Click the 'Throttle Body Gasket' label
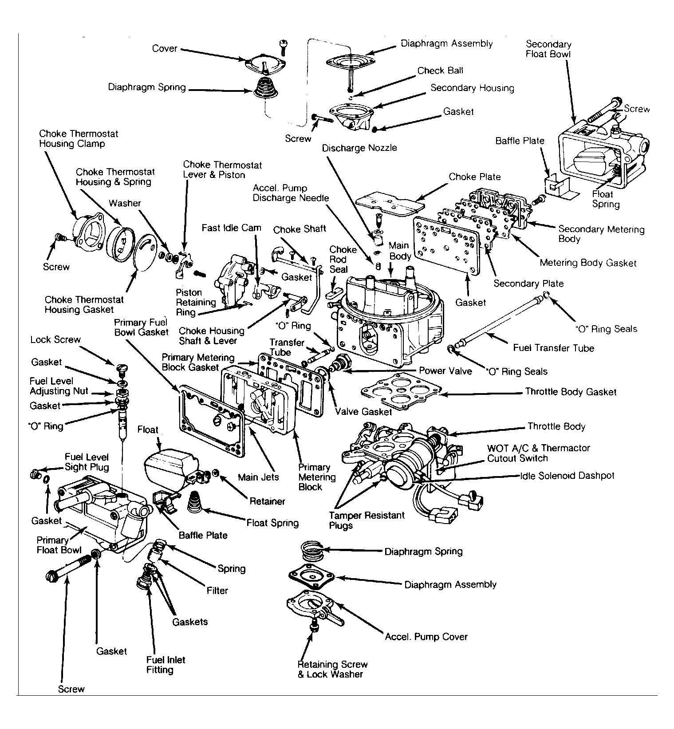coord(571,392)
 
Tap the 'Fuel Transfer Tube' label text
coord(553,348)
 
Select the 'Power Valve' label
coord(445,371)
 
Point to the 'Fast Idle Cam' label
coord(231,228)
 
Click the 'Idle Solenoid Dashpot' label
coord(567,476)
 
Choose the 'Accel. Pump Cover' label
coord(426,637)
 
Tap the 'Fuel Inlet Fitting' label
coord(166,665)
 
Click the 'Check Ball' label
coord(440,71)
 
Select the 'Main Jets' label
coord(258,477)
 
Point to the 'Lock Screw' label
coord(55,340)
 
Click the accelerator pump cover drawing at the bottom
coord(314,607)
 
